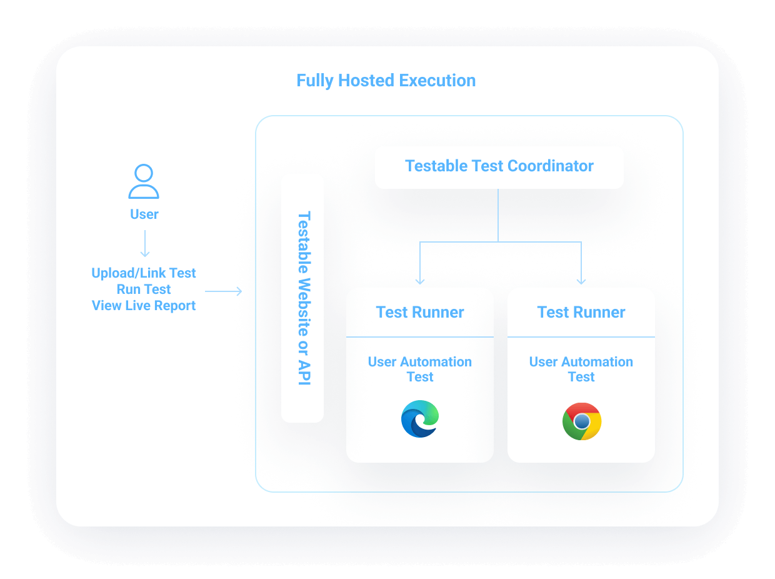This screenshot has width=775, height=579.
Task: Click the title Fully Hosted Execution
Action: (x=386, y=81)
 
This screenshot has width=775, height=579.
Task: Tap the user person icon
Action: (x=144, y=181)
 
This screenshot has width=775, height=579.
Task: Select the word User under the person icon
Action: (x=144, y=214)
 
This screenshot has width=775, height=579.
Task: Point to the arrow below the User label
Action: (x=144, y=244)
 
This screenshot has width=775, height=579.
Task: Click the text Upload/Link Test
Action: (x=144, y=273)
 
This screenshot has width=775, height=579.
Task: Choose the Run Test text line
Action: (x=144, y=289)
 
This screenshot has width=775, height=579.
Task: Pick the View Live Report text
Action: (x=144, y=306)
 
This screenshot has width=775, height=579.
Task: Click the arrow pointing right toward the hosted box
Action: (x=224, y=291)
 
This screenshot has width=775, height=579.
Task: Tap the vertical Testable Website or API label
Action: (x=303, y=298)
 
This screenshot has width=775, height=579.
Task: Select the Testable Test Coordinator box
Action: (x=499, y=166)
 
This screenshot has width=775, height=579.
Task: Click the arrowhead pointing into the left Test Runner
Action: (x=420, y=281)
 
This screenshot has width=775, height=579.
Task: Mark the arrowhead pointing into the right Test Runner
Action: (x=581, y=281)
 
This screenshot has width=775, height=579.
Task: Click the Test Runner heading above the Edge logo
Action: (x=420, y=313)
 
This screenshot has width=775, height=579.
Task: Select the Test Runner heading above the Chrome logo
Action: (x=581, y=313)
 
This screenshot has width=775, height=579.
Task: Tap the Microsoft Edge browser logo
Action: (x=420, y=419)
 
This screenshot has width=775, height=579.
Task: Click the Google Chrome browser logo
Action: (x=582, y=421)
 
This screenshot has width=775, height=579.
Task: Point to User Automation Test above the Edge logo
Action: (x=420, y=370)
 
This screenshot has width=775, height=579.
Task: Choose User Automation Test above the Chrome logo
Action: (x=581, y=370)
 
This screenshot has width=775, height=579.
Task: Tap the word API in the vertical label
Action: (x=303, y=371)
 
